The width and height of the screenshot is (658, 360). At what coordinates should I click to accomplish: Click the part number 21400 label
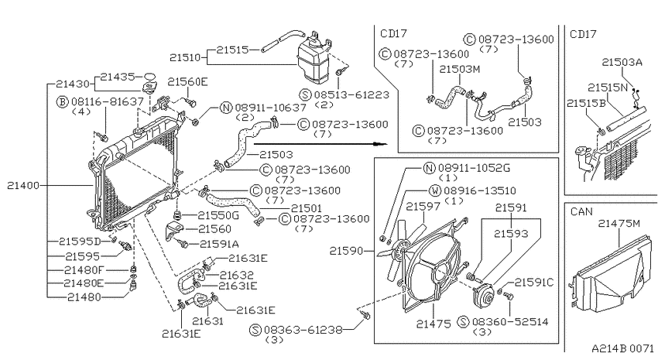click(x=23, y=185)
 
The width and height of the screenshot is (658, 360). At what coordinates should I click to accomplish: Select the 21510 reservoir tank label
click(x=186, y=57)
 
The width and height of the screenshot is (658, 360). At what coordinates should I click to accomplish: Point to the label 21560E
click(x=187, y=81)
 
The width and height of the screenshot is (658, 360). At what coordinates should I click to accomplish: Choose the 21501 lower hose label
click(x=307, y=208)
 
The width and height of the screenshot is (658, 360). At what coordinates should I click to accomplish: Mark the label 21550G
click(x=218, y=216)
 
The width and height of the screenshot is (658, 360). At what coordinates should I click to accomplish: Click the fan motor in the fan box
click(x=486, y=297)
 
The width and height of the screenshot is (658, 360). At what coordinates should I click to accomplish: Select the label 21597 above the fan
click(x=423, y=206)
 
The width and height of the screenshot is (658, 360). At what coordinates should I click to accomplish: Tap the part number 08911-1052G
click(x=475, y=168)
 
